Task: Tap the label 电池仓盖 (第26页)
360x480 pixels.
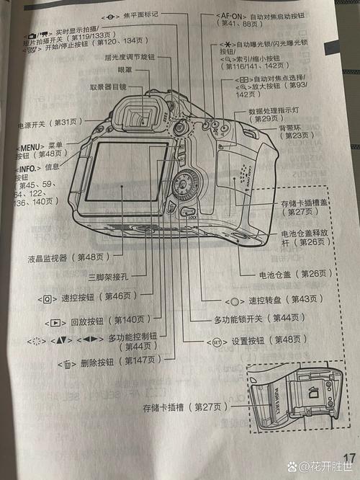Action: click(295, 274)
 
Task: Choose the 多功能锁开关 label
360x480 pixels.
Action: click(247, 318)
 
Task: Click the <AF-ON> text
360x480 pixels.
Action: click(232, 14)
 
